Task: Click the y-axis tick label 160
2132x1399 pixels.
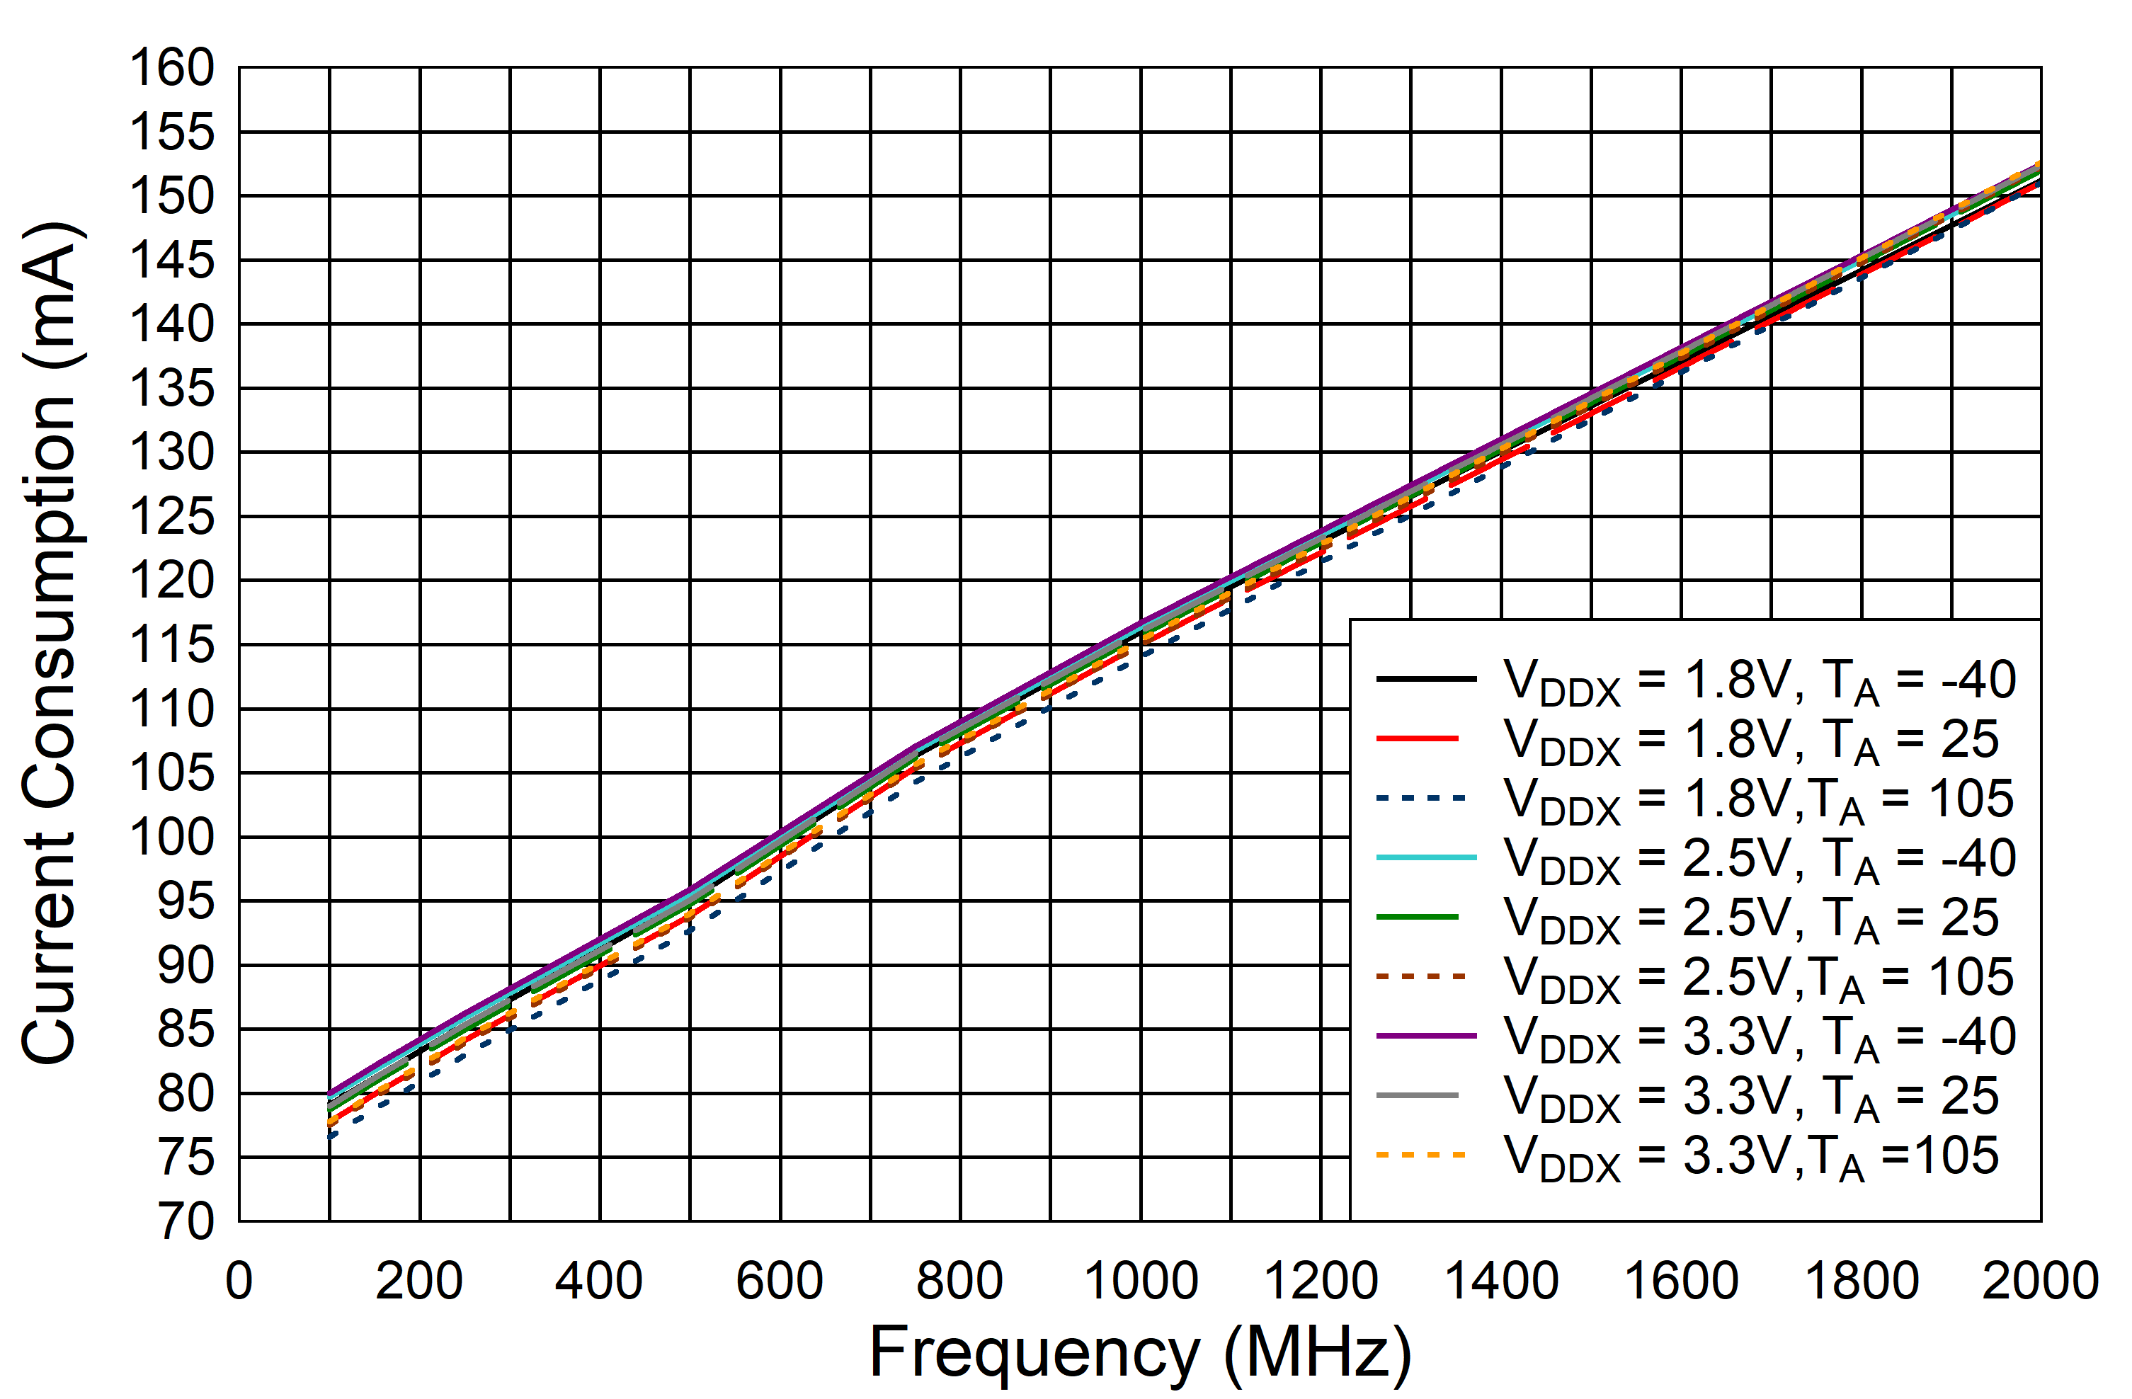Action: pyautogui.click(x=172, y=68)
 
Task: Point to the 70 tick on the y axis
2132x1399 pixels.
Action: pyautogui.click(x=186, y=1222)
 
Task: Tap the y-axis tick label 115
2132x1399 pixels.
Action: pyautogui.click(x=172, y=645)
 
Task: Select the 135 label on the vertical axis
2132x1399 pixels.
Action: pyautogui.click(x=172, y=389)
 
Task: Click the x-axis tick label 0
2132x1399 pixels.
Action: pyautogui.click(x=239, y=1281)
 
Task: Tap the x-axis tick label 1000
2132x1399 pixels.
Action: pyautogui.click(x=1141, y=1281)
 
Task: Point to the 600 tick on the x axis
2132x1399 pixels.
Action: pyautogui.click(x=780, y=1281)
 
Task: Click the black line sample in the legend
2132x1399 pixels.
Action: pyautogui.click(x=1426, y=679)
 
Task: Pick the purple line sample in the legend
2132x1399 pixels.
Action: pyautogui.click(x=1426, y=1035)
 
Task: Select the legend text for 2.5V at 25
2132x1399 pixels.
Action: pyautogui.click(x=1751, y=919)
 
